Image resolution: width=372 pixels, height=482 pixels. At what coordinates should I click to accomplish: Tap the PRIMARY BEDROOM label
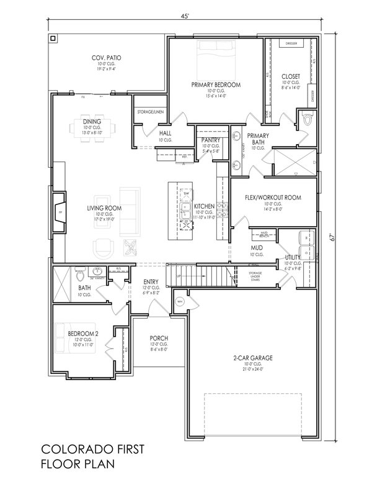click(x=216, y=84)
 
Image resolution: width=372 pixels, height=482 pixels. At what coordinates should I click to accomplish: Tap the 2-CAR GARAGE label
click(x=253, y=358)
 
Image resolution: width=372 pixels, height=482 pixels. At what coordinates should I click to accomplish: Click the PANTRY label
click(x=208, y=141)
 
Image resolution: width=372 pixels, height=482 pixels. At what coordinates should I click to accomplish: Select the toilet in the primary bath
click(x=306, y=120)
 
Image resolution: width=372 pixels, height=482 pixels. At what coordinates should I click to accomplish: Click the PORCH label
click(x=159, y=339)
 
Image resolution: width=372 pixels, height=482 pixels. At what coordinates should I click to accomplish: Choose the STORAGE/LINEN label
click(x=151, y=112)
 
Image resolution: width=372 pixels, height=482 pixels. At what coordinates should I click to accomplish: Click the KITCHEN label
click(x=205, y=206)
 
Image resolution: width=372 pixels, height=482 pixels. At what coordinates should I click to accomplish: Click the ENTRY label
click(x=151, y=281)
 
